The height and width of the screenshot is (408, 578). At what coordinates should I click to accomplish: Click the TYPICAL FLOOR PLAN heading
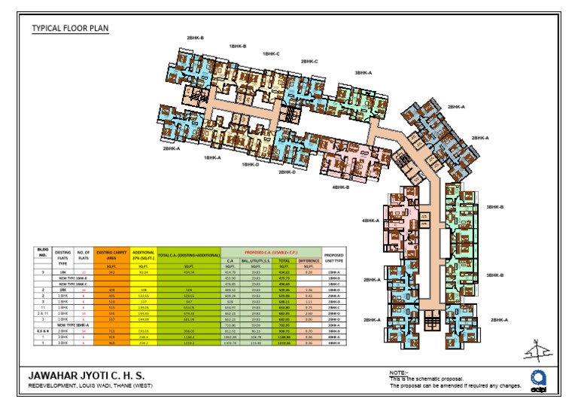click(x=70, y=29)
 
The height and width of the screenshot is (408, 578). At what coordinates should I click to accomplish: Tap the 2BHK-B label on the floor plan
click(x=195, y=38)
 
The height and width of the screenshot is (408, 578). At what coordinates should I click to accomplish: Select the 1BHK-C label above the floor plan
click(x=271, y=54)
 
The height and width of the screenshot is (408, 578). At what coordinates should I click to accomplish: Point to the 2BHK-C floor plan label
click(x=309, y=61)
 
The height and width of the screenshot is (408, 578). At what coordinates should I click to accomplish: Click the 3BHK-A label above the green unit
click(x=364, y=73)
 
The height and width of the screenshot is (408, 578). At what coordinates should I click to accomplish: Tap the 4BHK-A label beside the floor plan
click(x=370, y=221)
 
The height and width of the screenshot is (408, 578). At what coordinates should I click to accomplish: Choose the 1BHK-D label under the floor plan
click(x=251, y=164)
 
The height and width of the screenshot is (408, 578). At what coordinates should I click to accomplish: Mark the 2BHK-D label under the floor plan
click(x=287, y=172)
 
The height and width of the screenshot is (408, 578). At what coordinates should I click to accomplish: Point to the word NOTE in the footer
click(x=398, y=372)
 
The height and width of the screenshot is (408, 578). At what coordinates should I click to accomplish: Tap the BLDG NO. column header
click(x=43, y=253)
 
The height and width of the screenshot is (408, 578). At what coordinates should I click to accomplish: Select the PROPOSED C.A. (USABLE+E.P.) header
click(x=272, y=251)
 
